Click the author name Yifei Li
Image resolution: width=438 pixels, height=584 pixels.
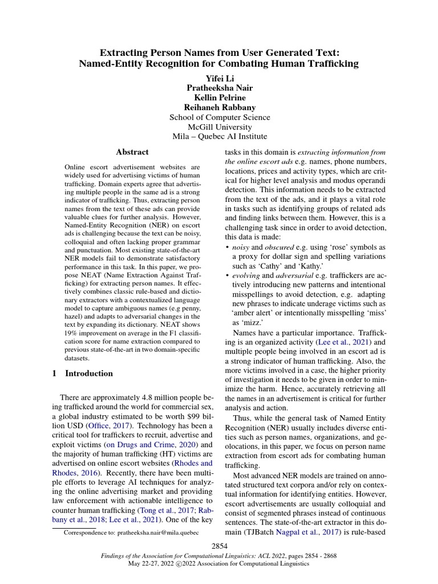(220, 78)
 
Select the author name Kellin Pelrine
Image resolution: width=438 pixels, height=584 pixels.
(220, 98)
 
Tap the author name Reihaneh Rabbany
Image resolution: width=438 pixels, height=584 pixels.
(220, 107)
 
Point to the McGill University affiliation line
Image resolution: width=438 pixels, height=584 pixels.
(220, 127)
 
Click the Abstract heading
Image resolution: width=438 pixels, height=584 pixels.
(132, 152)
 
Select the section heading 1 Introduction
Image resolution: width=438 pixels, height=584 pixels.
(82, 374)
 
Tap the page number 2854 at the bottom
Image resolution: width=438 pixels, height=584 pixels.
(220, 546)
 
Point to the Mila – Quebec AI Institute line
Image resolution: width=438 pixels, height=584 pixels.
(220, 136)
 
